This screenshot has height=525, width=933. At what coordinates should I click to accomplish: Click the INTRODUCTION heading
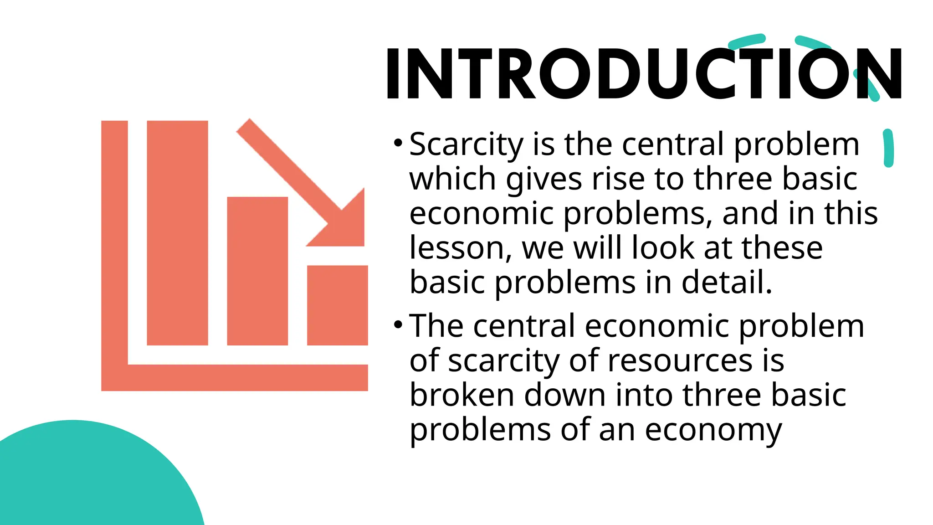coord(643,74)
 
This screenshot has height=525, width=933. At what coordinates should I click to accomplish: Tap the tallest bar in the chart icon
coord(177,232)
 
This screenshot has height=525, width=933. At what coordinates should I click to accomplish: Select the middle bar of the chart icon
coord(257,271)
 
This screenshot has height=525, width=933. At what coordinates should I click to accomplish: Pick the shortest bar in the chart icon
coord(337,305)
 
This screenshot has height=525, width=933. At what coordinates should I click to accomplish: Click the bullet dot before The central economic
coord(398,325)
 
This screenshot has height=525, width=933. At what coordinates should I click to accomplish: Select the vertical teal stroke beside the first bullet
coord(888,148)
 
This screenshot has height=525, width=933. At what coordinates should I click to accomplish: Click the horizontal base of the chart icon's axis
coord(246,377)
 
